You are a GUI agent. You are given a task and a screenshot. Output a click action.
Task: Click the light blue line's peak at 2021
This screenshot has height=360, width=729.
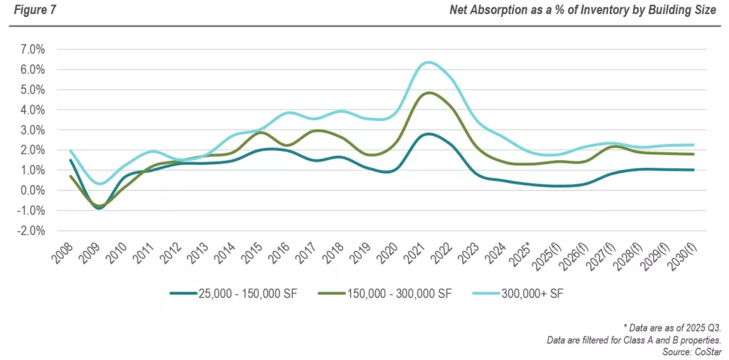pyautogui.click(x=427, y=63)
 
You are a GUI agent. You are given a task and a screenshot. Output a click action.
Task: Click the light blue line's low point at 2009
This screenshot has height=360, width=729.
pyautogui.click(x=102, y=184)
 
